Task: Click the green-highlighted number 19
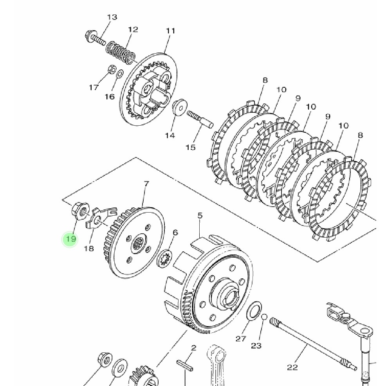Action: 70,239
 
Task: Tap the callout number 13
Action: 112,17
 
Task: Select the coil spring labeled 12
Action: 121,54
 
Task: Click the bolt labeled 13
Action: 95,38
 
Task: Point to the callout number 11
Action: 171,31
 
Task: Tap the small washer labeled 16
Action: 120,73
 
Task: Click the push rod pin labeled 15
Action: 200,120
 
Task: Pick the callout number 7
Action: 146,184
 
